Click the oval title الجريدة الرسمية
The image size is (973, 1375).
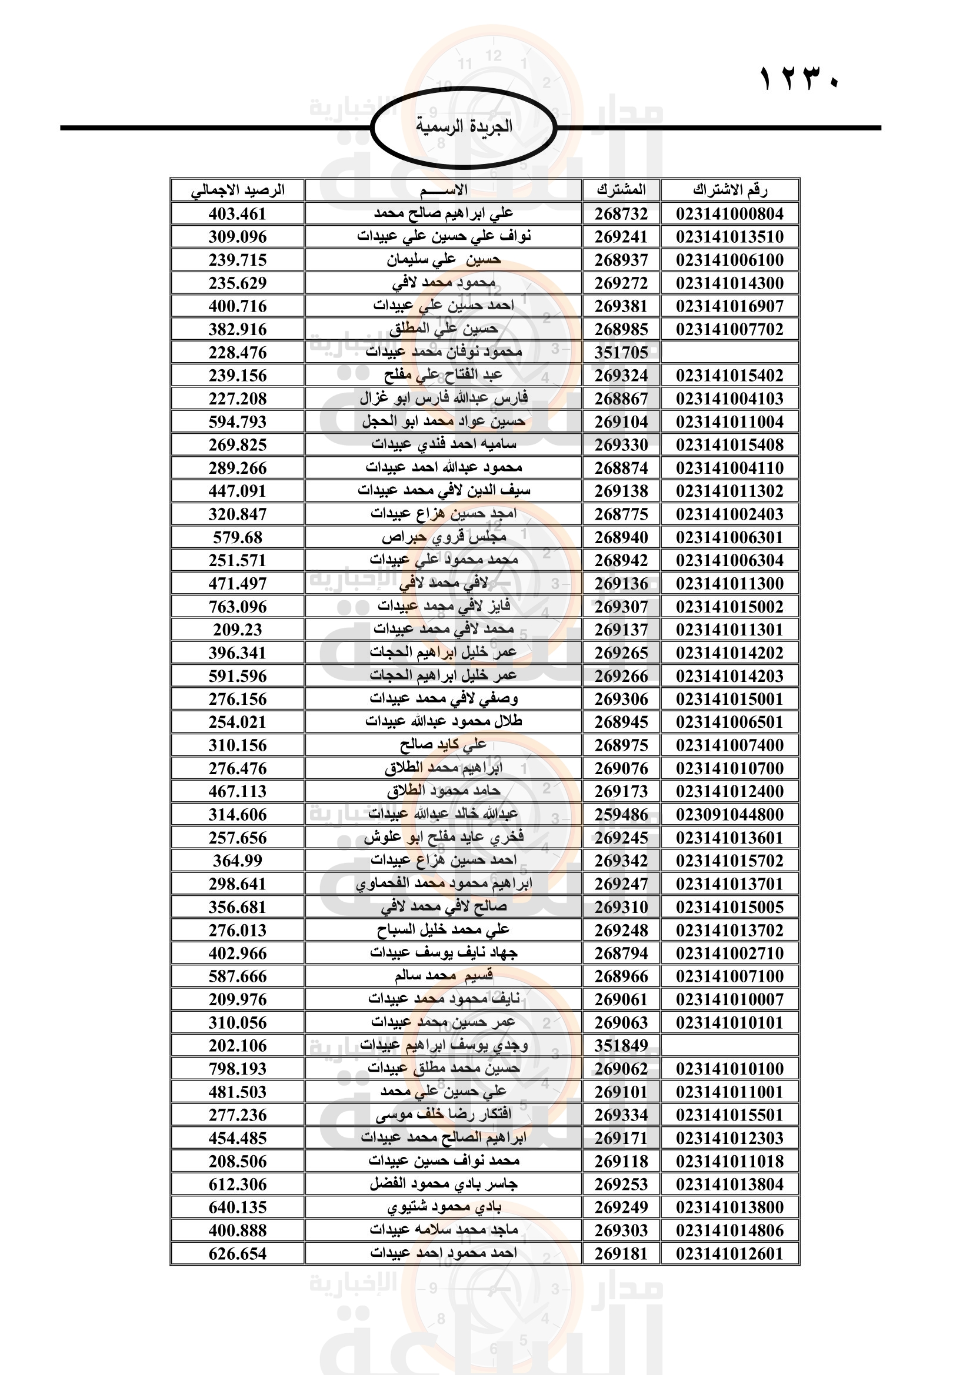coord(464,127)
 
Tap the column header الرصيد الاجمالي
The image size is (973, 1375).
coord(237,190)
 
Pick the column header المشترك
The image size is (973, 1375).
coord(621,190)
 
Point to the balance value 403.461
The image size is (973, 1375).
coord(237,214)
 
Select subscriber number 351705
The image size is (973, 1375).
coord(621,353)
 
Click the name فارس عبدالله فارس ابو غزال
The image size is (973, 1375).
coord(444,399)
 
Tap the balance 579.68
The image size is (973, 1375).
coord(237,538)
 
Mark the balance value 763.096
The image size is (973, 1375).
coord(237,607)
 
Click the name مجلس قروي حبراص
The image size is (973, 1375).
coord(444,538)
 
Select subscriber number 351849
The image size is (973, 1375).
coord(621,1046)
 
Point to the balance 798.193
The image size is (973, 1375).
coord(237,1069)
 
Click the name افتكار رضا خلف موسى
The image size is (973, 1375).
coord(444,1115)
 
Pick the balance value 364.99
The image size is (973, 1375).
coord(237,861)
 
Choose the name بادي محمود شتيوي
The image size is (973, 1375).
coord(444,1207)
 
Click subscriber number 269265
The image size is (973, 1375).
coord(621,653)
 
